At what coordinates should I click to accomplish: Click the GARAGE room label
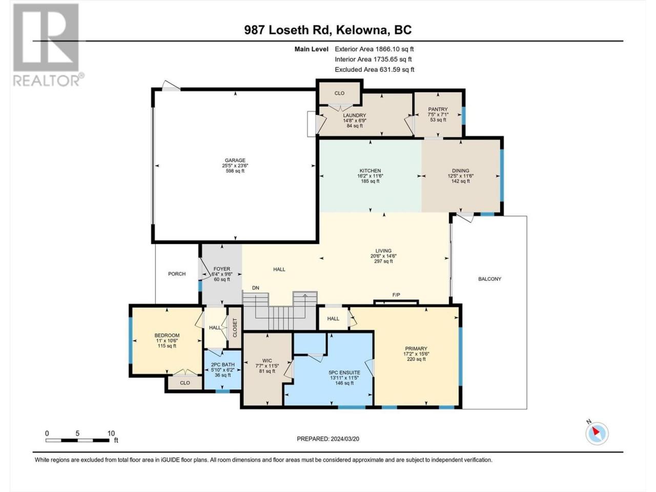[235, 160]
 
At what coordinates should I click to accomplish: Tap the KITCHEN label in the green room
[370, 171]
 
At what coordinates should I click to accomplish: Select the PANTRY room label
[438, 109]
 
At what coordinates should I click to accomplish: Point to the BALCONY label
[489, 279]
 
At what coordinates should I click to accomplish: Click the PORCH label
[177, 274]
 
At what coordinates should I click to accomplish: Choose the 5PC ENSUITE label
[344, 373]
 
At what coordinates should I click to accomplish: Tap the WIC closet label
[267, 361]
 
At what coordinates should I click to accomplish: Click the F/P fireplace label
[396, 295]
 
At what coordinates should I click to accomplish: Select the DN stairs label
[256, 288]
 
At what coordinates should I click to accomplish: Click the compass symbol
[597, 434]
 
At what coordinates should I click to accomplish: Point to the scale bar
[77, 440]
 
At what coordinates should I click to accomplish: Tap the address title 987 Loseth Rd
[286, 30]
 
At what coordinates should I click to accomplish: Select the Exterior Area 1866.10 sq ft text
[374, 49]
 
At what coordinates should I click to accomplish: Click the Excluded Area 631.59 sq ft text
[375, 70]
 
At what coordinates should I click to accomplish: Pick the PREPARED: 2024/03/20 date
[328, 439]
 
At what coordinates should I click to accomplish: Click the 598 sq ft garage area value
[235, 171]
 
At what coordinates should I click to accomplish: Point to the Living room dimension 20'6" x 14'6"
[383, 256]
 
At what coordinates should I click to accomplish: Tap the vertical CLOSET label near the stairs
[235, 327]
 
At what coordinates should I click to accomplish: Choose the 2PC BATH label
[222, 365]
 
